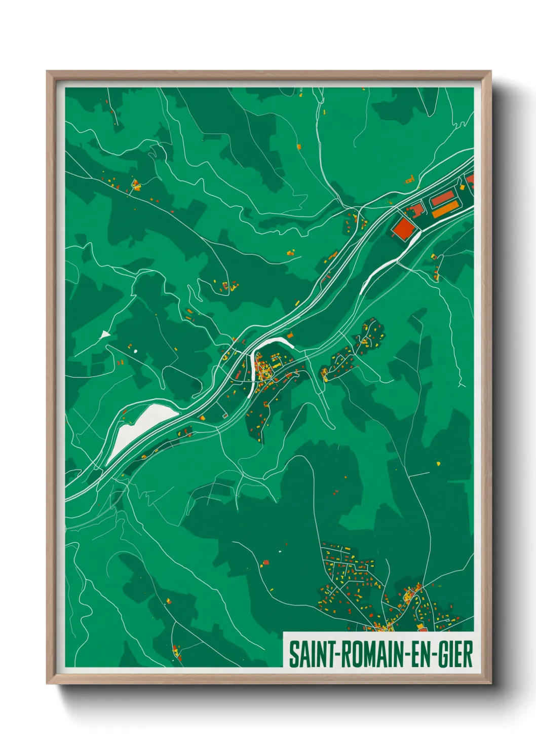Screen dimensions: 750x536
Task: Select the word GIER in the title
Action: click(x=455, y=654)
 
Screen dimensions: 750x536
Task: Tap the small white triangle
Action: click(x=105, y=334)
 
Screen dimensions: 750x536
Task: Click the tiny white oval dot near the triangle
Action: click(x=135, y=351)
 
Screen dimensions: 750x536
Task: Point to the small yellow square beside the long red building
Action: click(x=463, y=187)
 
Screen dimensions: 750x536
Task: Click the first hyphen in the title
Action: click(x=335, y=655)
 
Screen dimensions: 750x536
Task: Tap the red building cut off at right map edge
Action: click(x=471, y=179)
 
